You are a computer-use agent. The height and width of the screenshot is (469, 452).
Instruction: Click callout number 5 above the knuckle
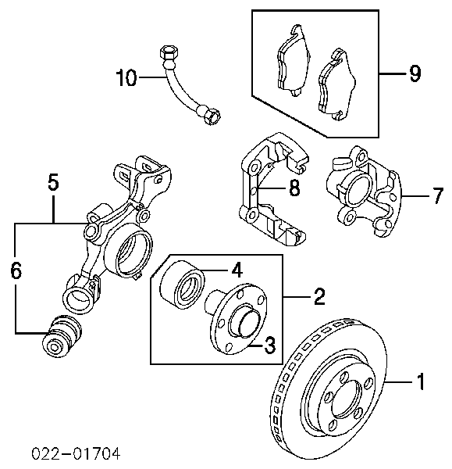coord(52,182)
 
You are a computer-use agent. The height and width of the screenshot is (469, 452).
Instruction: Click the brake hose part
coord(185,86)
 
